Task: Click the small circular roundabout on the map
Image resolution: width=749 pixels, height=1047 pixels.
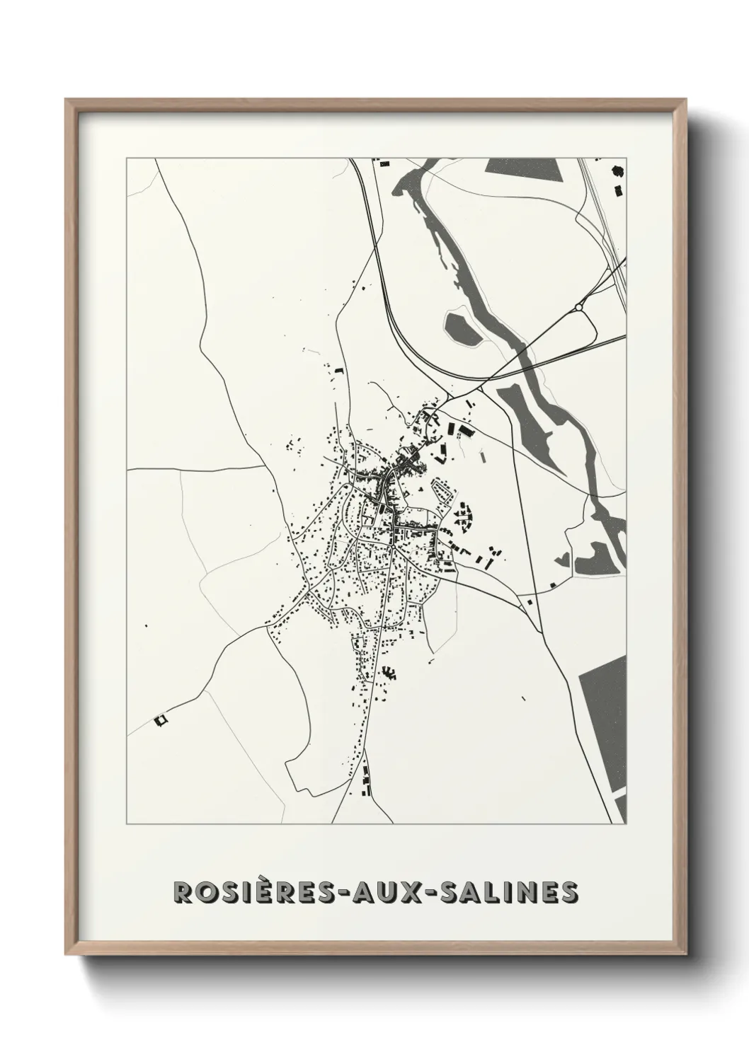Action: point(580,307)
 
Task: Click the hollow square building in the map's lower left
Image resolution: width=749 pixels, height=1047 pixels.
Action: point(160,719)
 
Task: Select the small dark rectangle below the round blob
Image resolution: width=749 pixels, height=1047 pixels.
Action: point(619,190)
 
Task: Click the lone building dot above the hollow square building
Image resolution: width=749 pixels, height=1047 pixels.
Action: point(146,625)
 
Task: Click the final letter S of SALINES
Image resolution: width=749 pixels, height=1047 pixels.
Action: point(569,892)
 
